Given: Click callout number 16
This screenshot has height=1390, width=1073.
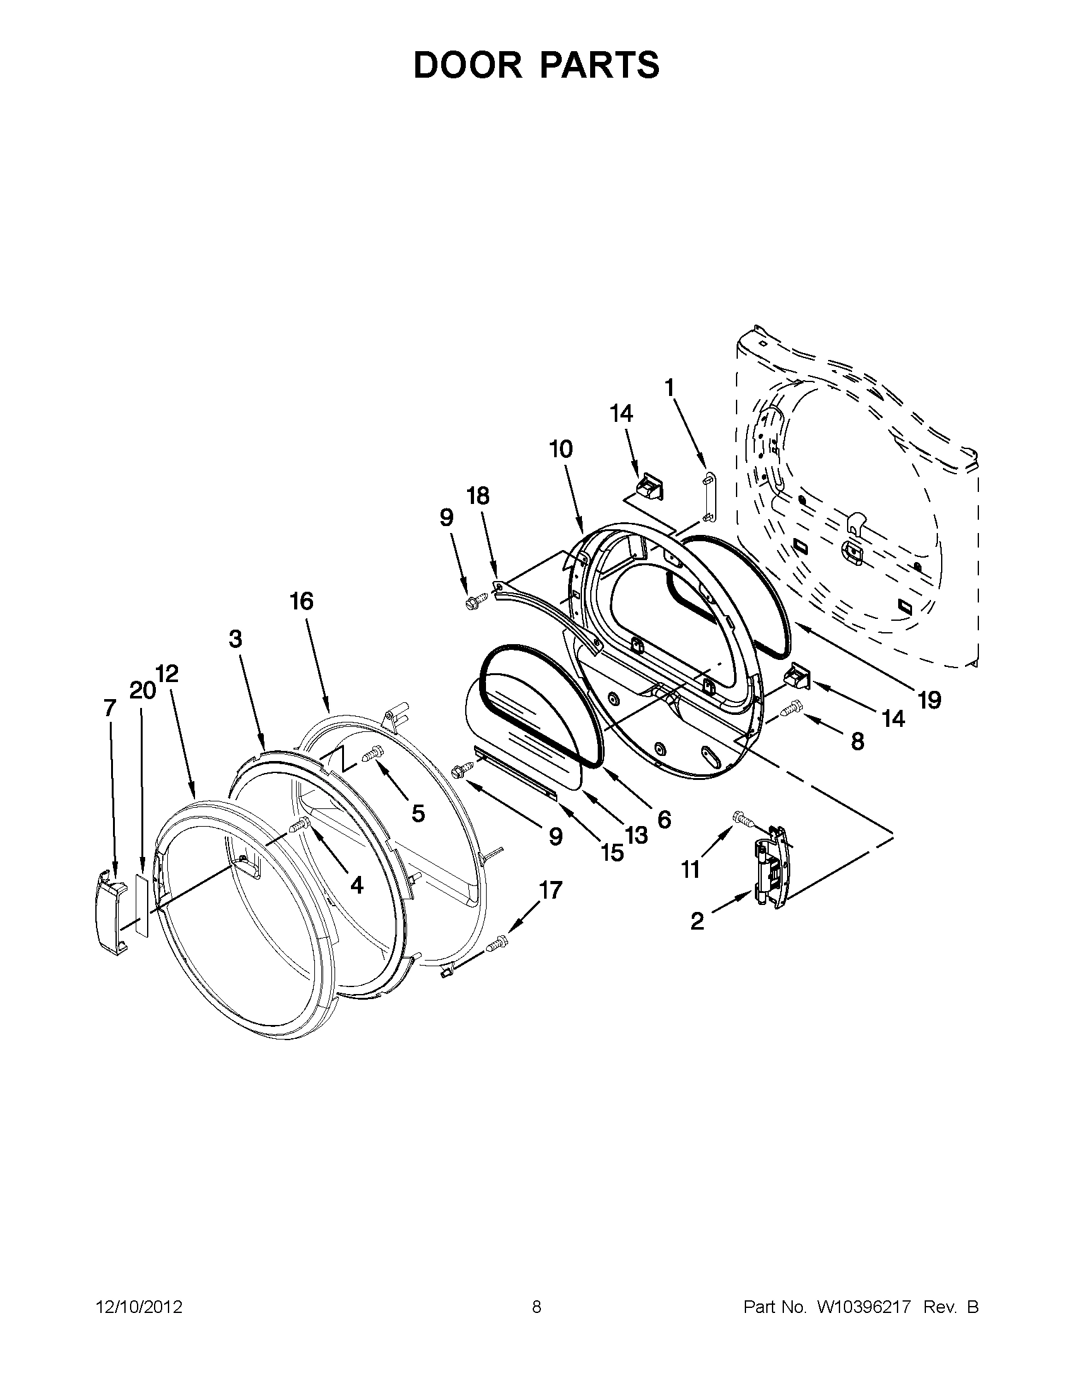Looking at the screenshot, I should pyautogui.click(x=302, y=601).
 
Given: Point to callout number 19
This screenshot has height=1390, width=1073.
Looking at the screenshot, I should pyautogui.click(x=929, y=700).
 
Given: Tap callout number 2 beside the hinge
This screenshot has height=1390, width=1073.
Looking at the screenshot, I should pyautogui.click(x=697, y=921).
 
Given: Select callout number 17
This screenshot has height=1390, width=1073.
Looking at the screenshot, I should pyautogui.click(x=551, y=889).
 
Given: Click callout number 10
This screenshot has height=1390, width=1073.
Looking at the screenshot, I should pyautogui.click(x=561, y=449).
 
